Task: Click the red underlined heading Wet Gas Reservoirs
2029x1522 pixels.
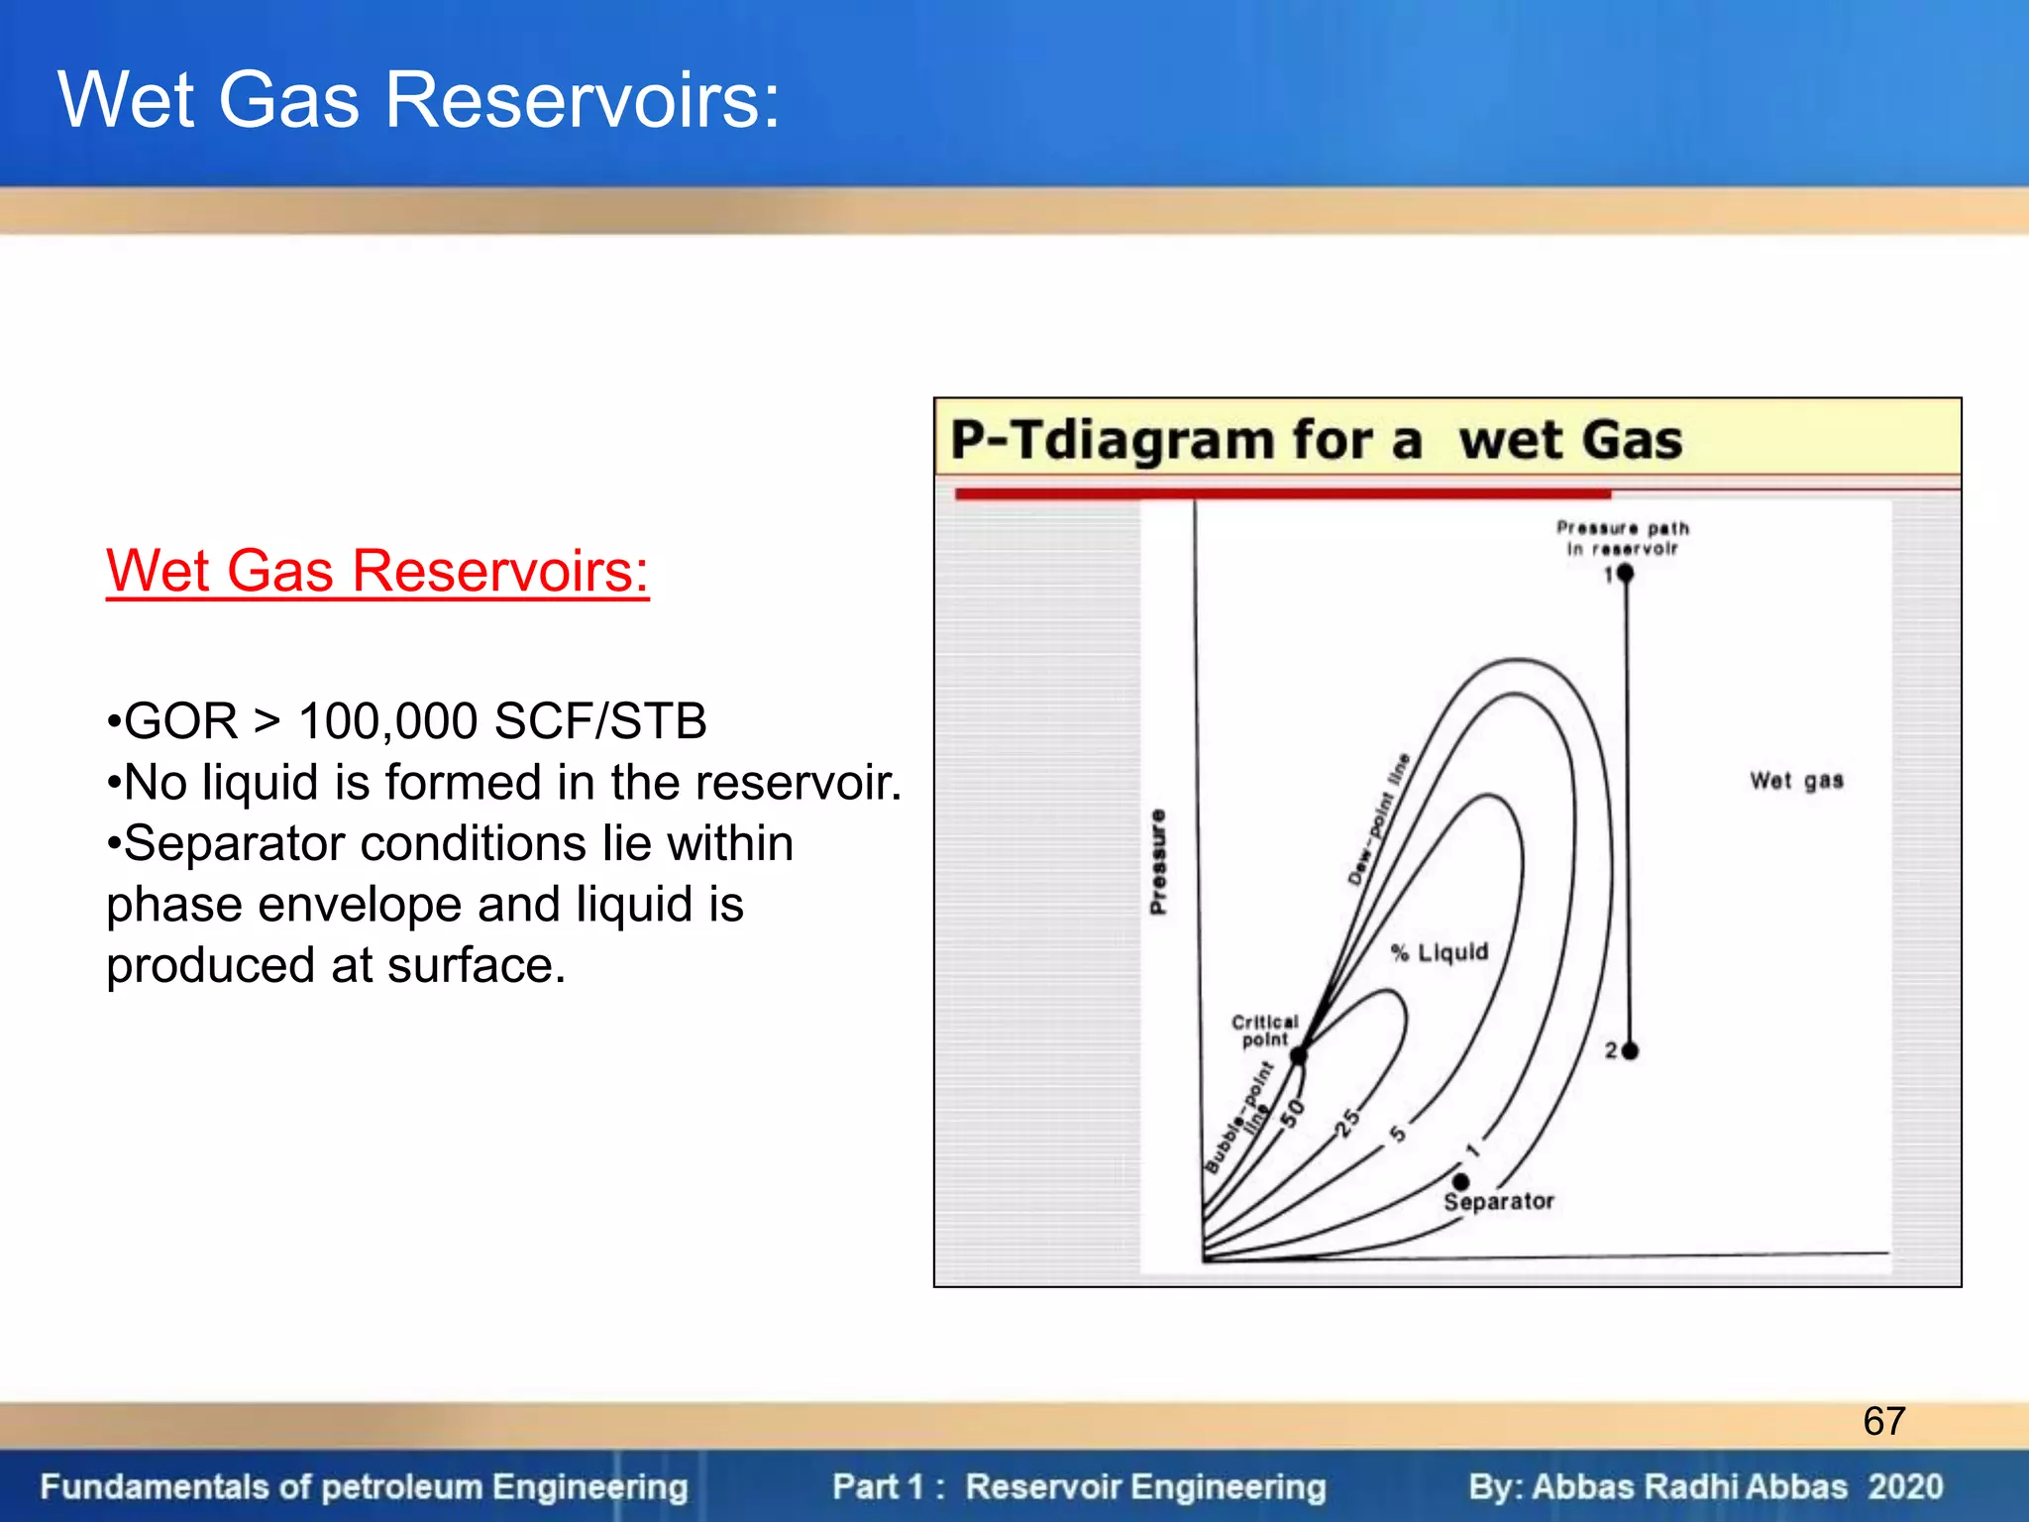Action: (376, 572)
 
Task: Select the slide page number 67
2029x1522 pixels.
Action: (1883, 1421)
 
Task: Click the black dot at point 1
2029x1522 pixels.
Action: (1625, 573)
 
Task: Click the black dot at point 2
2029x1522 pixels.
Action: (1630, 1050)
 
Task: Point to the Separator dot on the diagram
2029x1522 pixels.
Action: (1461, 1181)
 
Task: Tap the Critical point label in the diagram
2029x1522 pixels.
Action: (1264, 1031)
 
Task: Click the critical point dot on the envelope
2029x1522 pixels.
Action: (1298, 1056)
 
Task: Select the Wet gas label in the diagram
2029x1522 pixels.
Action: (1795, 781)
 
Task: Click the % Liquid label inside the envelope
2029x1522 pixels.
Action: (1440, 952)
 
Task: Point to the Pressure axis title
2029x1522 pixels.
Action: (1158, 861)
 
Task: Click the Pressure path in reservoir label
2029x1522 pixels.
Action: (1622, 538)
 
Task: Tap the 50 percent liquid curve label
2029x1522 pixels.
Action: (1292, 1114)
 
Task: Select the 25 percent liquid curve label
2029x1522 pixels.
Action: (1347, 1123)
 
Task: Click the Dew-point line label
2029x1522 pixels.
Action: (1378, 819)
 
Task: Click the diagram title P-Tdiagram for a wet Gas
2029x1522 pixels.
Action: (1316, 440)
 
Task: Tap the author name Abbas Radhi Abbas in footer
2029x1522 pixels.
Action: (1689, 1486)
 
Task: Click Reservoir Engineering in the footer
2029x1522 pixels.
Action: (1145, 1486)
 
